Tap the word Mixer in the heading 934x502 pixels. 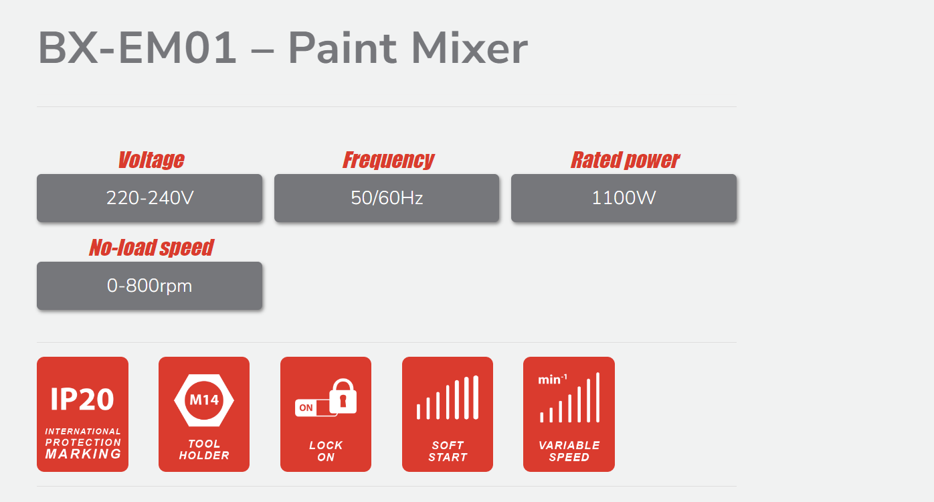(470, 48)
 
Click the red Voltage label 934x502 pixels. (151, 160)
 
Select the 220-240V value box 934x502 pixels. (150, 198)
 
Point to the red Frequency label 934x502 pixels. (388, 160)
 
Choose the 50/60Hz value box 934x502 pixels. (387, 198)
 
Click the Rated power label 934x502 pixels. (625, 160)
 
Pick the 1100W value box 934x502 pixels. (624, 198)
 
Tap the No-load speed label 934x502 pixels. (151, 248)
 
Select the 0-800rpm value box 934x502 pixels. (150, 286)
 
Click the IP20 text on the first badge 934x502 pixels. (82, 399)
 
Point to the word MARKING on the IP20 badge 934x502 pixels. (83, 454)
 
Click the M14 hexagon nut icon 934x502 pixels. (204, 400)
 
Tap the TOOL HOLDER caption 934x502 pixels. (204, 449)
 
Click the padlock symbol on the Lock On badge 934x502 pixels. (343, 396)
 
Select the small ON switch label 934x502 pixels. (306, 408)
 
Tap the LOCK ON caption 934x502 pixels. (326, 451)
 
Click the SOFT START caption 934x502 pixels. (448, 451)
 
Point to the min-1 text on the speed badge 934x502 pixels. (553, 380)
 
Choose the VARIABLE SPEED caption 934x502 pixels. (569, 451)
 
